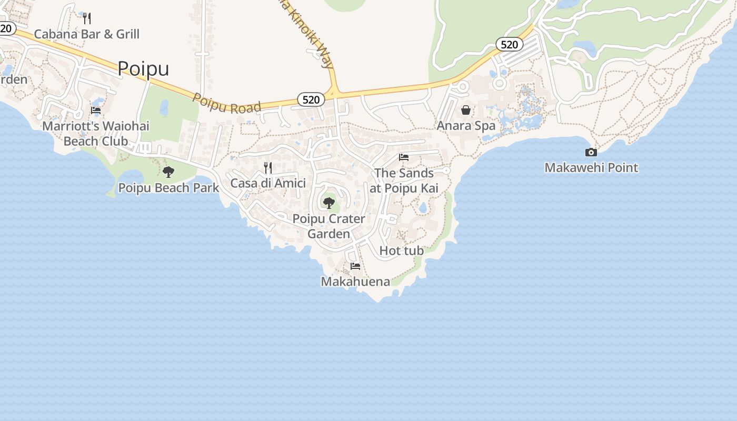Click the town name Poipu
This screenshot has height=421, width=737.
click(x=143, y=69)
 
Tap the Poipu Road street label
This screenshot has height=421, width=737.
click(x=226, y=104)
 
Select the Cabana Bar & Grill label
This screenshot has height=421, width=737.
click(x=87, y=34)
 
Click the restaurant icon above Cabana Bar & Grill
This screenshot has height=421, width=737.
click(x=87, y=18)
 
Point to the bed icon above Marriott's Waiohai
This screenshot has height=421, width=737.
click(x=96, y=111)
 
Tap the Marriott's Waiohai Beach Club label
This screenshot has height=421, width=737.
click(x=96, y=134)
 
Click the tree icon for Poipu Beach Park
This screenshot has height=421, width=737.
click(x=168, y=172)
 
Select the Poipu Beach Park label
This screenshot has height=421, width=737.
click(x=168, y=188)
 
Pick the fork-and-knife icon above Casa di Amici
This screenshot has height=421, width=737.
click(x=268, y=168)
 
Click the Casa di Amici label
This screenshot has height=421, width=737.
click(x=268, y=184)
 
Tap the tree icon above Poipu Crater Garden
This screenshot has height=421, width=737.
click(x=329, y=203)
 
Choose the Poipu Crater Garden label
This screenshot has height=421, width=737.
click(x=329, y=226)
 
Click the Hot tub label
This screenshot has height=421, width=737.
click(x=402, y=251)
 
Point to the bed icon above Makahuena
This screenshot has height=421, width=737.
click(x=355, y=266)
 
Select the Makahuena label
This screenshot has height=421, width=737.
click(x=355, y=282)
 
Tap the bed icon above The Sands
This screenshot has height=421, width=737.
click(x=404, y=157)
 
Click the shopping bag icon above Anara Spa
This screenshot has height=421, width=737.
click(x=466, y=110)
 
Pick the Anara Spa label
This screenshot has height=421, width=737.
click(x=466, y=126)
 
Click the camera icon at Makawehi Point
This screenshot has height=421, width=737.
click(x=591, y=153)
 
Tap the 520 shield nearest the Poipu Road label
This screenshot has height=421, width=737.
click(x=311, y=99)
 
